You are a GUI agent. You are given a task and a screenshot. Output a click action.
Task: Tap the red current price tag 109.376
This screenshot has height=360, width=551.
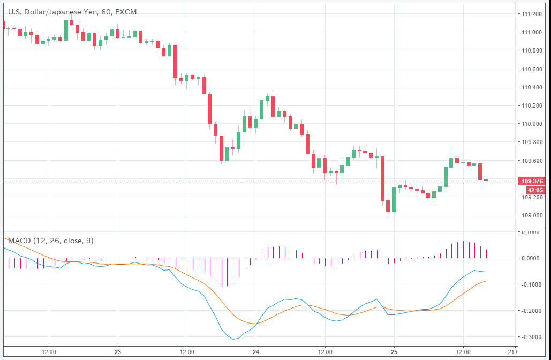(x=532, y=181)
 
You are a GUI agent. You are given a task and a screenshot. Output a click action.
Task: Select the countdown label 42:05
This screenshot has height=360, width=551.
(x=535, y=190)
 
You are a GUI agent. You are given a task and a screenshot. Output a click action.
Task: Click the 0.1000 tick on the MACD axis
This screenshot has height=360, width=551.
(x=533, y=232)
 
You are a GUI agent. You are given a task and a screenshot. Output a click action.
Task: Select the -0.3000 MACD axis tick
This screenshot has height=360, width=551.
(x=532, y=337)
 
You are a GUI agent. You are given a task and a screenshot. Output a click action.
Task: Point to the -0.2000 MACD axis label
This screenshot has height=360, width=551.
(x=532, y=311)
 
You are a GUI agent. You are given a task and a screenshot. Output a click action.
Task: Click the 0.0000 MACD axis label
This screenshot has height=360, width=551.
(x=533, y=258)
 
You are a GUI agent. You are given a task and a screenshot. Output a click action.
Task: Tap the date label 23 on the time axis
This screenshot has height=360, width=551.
(x=118, y=352)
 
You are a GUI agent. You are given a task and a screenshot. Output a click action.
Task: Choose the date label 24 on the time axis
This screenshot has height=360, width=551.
(x=256, y=352)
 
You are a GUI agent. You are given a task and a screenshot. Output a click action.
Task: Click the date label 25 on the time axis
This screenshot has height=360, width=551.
(x=394, y=352)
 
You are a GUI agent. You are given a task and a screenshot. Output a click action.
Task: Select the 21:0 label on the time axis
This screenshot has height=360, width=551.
(x=513, y=352)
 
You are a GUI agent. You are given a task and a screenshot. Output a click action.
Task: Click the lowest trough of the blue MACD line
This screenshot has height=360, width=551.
(x=233, y=339)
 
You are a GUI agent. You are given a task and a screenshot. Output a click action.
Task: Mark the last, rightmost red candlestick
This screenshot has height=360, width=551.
(x=486, y=180)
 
